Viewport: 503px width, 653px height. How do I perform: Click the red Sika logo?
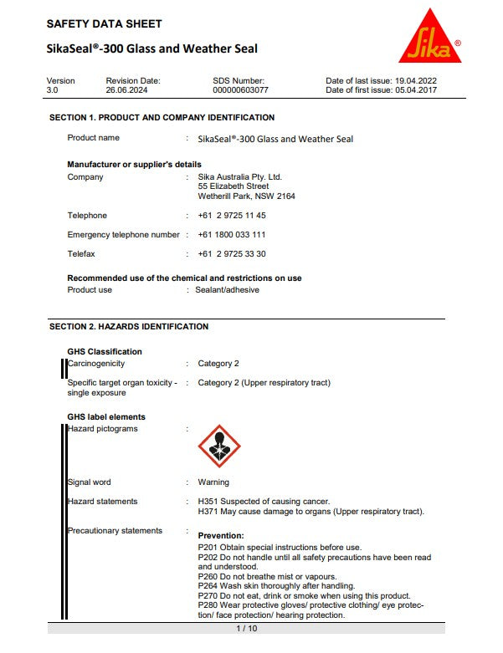point(430,39)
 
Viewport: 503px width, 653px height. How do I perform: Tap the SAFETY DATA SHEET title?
point(105,23)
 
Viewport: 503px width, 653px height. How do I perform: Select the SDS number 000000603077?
point(241,89)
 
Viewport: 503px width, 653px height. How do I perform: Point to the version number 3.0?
point(53,89)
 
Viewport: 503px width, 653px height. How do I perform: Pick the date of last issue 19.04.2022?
point(416,80)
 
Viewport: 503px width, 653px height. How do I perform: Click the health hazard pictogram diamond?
point(218,446)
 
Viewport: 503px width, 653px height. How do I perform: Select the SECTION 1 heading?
point(162,118)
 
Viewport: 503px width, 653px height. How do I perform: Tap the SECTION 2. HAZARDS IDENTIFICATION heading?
point(129,326)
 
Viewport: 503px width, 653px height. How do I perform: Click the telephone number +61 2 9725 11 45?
point(232,216)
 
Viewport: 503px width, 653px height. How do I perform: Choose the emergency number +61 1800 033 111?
point(232,235)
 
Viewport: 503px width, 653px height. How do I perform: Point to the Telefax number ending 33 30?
point(232,254)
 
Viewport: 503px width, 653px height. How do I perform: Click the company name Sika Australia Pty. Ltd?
point(240,177)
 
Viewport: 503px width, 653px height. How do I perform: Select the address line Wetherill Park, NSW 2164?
point(246,196)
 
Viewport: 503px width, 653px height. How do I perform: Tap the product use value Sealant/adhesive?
point(228,290)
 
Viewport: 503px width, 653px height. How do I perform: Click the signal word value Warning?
point(213,482)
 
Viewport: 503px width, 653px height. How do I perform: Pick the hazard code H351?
point(208,502)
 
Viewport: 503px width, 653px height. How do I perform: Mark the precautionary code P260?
point(208,576)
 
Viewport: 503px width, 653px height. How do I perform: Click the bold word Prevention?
point(221,535)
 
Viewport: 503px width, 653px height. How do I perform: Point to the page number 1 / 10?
point(246,628)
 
